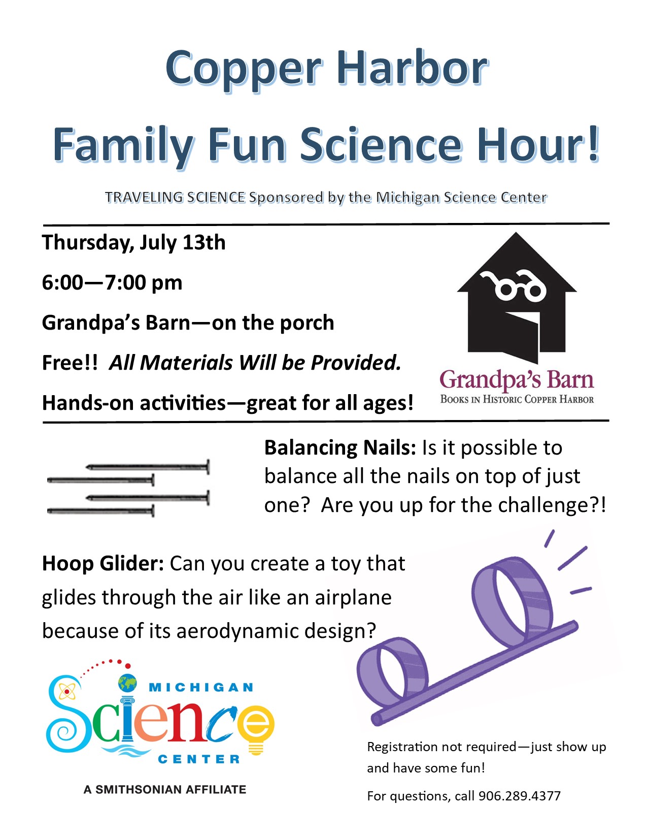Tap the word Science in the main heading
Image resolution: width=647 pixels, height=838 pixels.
coord(381,145)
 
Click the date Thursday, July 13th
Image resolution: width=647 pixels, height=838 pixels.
coord(134,243)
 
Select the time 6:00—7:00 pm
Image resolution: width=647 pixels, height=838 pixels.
coord(112,283)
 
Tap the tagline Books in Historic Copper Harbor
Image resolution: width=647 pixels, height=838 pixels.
coord(517,399)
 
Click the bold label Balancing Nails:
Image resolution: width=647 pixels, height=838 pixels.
coord(340,448)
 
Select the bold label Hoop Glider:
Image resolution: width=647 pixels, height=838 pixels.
coord(104,563)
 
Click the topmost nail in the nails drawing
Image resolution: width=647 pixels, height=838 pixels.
coord(148,467)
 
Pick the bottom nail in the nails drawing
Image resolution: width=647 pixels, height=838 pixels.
coord(100,511)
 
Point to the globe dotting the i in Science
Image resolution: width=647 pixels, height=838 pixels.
coord(127,683)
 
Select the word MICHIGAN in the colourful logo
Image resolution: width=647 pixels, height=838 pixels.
coord(201,687)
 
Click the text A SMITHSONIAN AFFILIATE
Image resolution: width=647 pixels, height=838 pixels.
coord(165,789)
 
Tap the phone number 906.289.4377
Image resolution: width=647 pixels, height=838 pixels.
coord(519,795)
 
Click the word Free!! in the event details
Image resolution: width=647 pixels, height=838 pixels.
coord(70,363)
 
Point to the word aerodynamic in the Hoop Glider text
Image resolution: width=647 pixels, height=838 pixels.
coord(238,631)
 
